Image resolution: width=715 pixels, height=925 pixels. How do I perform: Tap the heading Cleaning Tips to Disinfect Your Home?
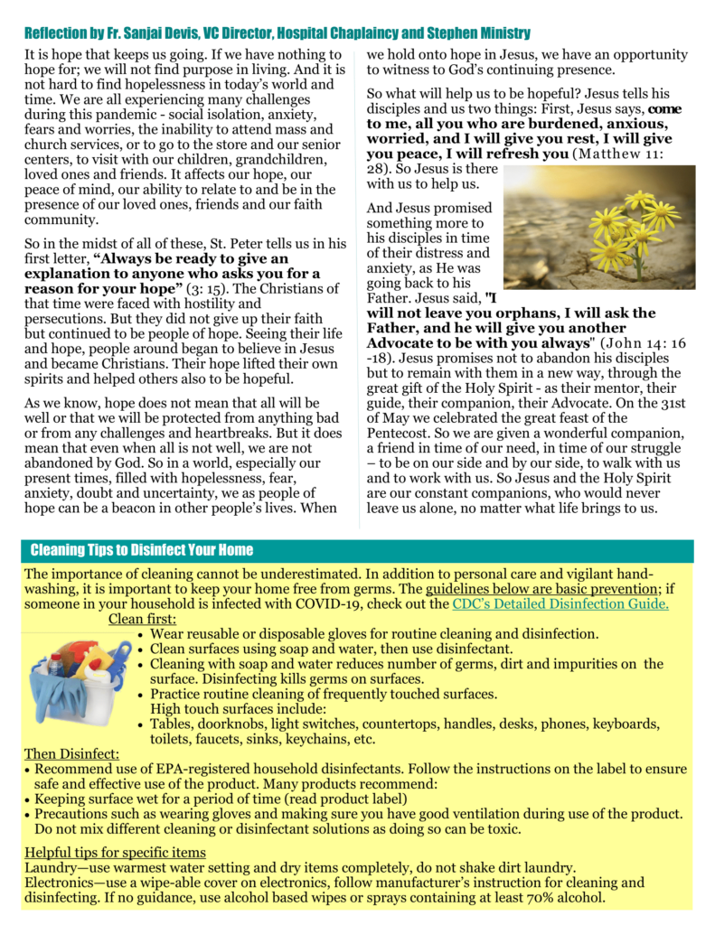tap(142, 550)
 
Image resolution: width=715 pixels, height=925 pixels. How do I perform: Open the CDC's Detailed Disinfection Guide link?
tap(560, 603)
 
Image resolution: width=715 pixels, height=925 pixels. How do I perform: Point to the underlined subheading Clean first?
tap(142, 619)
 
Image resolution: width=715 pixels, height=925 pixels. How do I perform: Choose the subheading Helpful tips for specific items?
tap(115, 852)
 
